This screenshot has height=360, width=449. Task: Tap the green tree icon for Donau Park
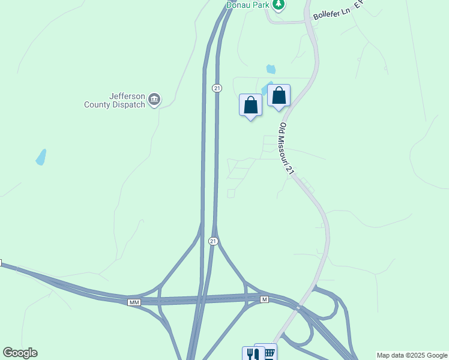278,5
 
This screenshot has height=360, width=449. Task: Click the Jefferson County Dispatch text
115,100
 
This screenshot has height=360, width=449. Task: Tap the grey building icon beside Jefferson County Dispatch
154,100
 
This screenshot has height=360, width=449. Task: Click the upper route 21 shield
217,88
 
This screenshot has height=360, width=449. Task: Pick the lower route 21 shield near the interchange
213,241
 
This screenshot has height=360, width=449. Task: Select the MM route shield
134,302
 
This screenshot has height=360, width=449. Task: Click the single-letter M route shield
264,299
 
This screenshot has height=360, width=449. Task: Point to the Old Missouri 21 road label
288,149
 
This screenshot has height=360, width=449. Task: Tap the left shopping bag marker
250,106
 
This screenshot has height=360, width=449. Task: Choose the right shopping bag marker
279,96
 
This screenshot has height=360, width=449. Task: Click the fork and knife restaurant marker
252,353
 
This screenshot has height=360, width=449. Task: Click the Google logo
20,353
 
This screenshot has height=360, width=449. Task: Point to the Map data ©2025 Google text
412,355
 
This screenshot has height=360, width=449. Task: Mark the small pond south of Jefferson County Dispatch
41,157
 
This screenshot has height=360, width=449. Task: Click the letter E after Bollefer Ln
357,5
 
